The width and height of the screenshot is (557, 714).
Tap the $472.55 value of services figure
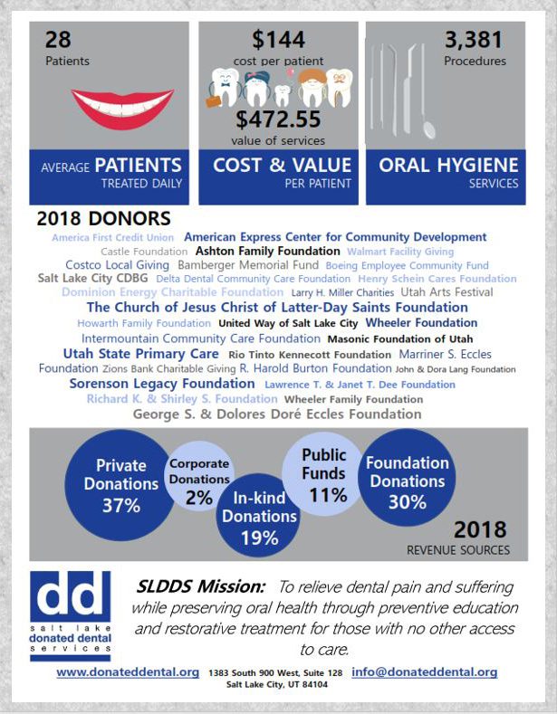click(x=278, y=119)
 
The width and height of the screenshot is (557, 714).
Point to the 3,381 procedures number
click(x=473, y=40)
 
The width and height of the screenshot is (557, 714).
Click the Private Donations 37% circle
click(x=120, y=485)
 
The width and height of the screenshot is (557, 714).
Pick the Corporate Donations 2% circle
click(x=198, y=476)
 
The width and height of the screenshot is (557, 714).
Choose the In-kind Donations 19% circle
click(x=258, y=516)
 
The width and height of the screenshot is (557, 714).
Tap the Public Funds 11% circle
click(x=323, y=473)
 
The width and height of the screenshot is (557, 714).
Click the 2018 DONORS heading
click(x=103, y=219)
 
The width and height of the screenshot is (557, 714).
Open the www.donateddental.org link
click(x=128, y=672)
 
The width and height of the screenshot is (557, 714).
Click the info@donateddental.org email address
click(x=425, y=672)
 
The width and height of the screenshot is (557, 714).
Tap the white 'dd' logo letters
click(x=70, y=594)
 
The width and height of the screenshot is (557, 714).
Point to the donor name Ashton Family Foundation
click(x=267, y=251)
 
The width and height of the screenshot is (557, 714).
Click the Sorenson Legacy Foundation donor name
click(x=162, y=384)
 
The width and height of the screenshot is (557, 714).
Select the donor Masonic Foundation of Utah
click(x=400, y=339)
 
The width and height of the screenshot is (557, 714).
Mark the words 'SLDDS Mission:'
click(x=200, y=586)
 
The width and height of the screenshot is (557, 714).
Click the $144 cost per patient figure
click(x=279, y=40)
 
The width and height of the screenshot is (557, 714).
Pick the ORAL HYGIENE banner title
click(x=448, y=166)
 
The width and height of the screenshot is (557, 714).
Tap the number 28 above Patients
click(x=58, y=40)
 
